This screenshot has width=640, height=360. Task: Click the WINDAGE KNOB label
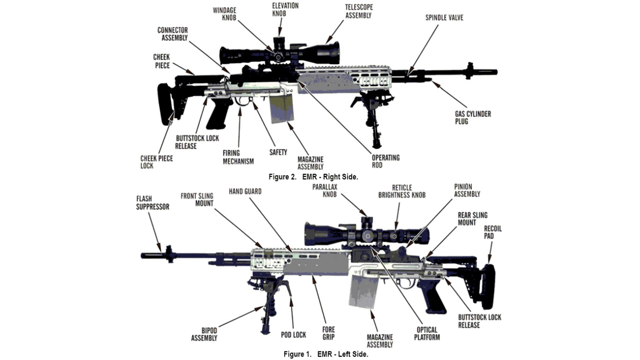tap(225, 14)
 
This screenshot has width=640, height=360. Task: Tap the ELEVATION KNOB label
tap(285, 9)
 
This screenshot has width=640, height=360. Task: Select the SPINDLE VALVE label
tap(444, 18)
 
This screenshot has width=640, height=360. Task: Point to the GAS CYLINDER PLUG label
tap(473, 118)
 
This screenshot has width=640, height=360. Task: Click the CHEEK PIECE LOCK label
tap(156, 162)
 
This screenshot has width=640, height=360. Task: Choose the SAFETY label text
tap(278, 152)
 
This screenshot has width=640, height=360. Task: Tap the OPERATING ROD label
tap(386, 161)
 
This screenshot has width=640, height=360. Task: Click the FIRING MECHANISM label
tap(238, 157)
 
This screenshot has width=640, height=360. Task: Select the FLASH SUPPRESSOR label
tap(153, 202)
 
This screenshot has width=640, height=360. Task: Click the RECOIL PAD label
tap(493, 232)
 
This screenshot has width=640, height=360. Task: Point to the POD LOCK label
tap(293, 335)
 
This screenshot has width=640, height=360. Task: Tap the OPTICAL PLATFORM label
tap(427, 333)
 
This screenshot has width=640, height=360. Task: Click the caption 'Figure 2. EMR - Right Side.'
tap(313, 177)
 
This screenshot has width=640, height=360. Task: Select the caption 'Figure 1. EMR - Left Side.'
tap(326, 354)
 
